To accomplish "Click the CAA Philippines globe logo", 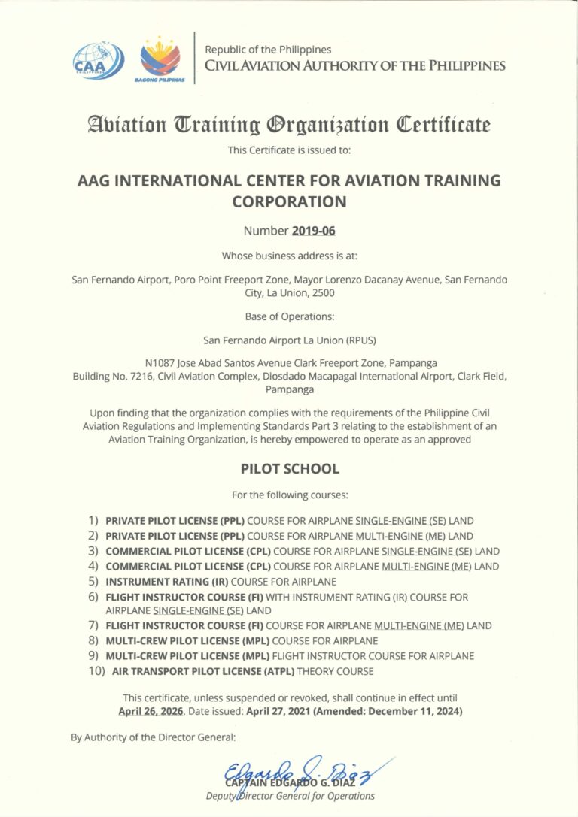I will click(x=98, y=60).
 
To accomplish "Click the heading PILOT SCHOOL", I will click(x=290, y=468).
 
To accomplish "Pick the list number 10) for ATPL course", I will click(x=96, y=670).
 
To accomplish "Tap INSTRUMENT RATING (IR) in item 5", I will click(x=167, y=582).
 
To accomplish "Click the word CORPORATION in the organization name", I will click(x=290, y=201).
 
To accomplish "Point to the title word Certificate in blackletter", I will click(x=444, y=124).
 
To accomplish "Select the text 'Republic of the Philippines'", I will click(x=268, y=50).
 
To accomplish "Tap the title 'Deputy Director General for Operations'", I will click(x=290, y=796).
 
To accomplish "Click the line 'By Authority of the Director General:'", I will click(x=154, y=737).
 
